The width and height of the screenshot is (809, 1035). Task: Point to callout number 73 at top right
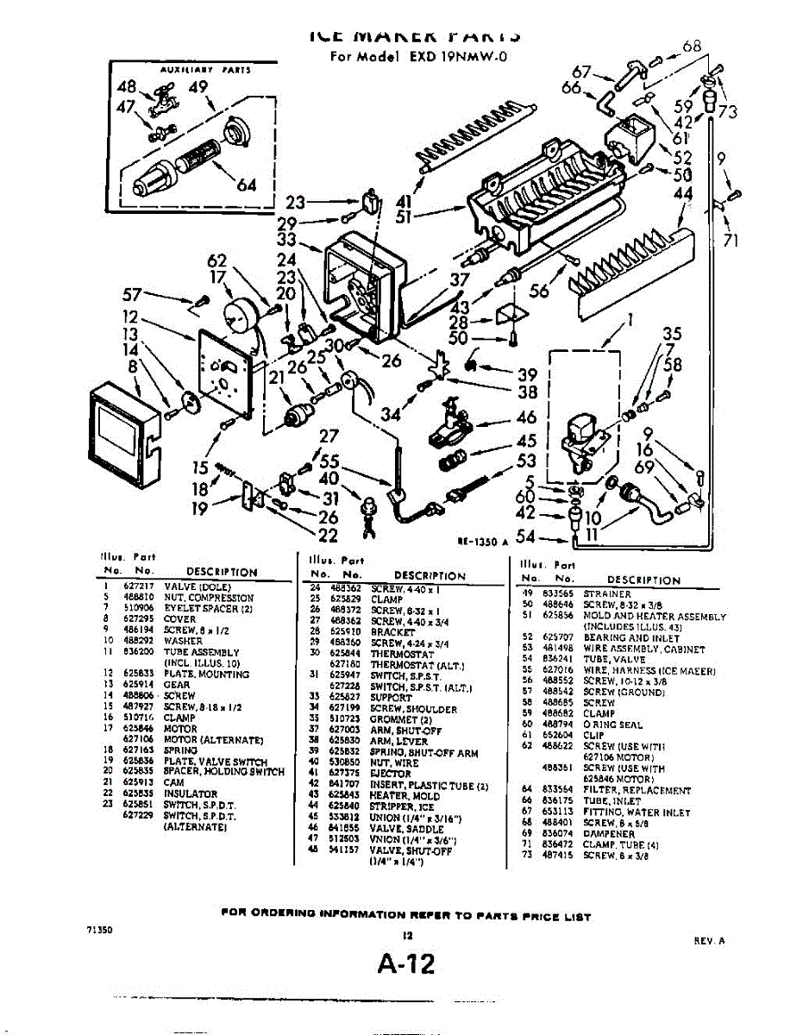pos(727,111)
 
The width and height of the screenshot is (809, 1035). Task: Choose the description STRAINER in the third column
pos(607,593)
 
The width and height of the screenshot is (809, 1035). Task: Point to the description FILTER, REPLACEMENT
pos(637,789)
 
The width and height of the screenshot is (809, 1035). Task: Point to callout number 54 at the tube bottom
pos(524,537)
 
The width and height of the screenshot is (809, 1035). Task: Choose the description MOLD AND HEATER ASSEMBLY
pos(654,617)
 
